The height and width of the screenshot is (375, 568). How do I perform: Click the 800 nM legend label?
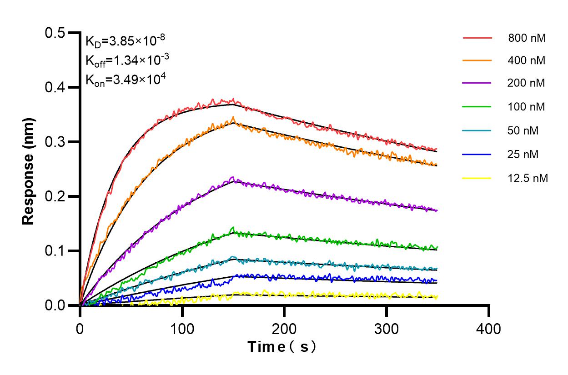pyautogui.click(x=527, y=38)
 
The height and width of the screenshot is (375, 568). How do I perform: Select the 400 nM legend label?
pyautogui.click(x=527, y=60)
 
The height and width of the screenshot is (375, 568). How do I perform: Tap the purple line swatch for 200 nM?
pyautogui.click(x=478, y=83)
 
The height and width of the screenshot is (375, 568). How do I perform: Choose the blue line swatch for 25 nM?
pyautogui.click(x=478, y=155)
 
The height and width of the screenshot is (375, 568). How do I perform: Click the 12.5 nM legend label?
pyautogui.click(x=528, y=178)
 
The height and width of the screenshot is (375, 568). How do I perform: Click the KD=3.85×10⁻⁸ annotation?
pyautogui.click(x=125, y=41)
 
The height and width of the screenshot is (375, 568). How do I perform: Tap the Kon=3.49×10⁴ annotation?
pyautogui.click(x=126, y=80)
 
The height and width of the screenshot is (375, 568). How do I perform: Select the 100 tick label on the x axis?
pyautogui.click(x=182, y=328)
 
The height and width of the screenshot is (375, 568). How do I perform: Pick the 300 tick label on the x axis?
pyautogui.click(x=387, y=328)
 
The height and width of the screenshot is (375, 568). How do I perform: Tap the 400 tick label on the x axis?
pyautogui.click(x=489, y=328)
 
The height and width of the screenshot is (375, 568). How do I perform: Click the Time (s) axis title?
pyautogui.click(x=282, y=347)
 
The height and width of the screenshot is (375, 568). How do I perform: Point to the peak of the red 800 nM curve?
pyautogui.click(x=233, y=99)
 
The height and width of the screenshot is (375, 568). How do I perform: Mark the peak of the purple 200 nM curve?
pyautogui.click(x=233, y=177)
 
